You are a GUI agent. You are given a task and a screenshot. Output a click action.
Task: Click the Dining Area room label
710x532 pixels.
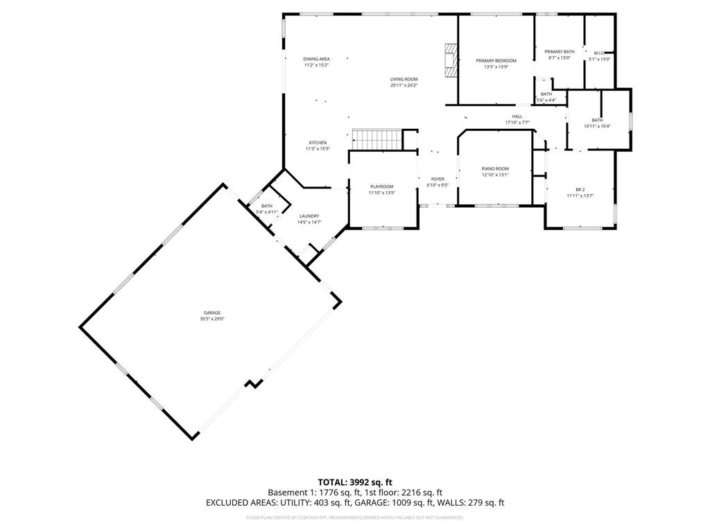pyautogui.click(x=316, y=59)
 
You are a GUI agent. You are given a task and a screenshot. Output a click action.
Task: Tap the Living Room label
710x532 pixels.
pyautogui.click(x=404, y=79)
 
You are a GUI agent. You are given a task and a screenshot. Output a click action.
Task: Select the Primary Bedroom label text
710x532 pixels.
pyautogui.click(x=496, y=61)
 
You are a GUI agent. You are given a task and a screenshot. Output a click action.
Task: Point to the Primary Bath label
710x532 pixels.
pyautogui.click(x=559, y=52)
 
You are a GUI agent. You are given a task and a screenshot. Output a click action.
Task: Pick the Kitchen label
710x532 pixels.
pyautogui.click(x=318, y=143)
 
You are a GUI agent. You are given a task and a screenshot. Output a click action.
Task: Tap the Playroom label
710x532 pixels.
pyautogui.click(x=381, y=186)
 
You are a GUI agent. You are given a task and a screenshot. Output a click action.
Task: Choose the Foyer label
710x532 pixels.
pyautogui.click(x=438, y=179)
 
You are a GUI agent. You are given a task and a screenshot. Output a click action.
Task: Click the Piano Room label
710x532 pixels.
pyautogui.click(x=495, y=169)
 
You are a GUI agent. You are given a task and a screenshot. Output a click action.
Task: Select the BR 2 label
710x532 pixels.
pyautogui.click(x=580, y=189)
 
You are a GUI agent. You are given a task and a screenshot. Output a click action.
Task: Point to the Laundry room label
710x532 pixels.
pyautogui.click(x=309, y=216)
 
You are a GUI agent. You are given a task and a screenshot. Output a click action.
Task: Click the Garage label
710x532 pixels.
pyautogui.click(x=212, y=312)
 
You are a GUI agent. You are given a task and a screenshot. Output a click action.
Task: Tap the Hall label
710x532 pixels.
pyautogui.click(x=517, y=116)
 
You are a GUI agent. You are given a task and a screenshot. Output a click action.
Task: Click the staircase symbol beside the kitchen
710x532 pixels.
pyautogui.click(x=377, y=139)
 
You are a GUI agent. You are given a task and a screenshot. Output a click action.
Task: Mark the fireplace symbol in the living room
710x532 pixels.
pyautogui.click(x=451, y=61)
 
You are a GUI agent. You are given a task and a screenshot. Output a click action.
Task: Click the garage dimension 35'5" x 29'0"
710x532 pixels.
pyautogui.click(x=212, y=319)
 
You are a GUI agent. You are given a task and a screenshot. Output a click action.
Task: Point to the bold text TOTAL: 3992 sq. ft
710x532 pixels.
pyautogui.click(x=355, y=481)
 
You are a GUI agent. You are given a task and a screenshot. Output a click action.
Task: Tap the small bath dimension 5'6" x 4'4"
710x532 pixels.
pyautogui.click(x=546, y=100)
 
